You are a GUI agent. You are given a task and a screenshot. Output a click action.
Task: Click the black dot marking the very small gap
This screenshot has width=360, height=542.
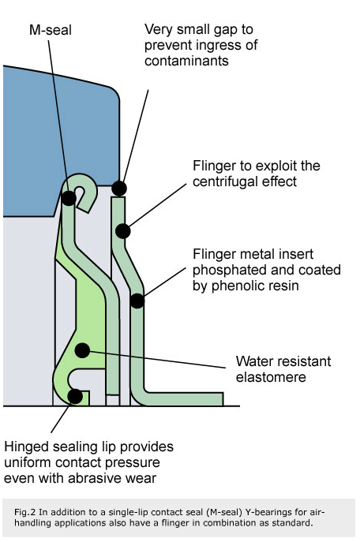(119, 188)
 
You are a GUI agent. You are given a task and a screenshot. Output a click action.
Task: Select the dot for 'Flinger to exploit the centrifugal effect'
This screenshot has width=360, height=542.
(123, 231)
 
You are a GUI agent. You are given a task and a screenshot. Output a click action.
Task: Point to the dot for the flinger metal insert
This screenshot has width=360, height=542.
(137, 301)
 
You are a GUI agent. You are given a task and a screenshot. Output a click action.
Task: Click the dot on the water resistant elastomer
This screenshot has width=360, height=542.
(81, 349)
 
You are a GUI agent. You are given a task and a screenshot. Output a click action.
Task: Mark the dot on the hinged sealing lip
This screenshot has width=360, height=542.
(74, 396)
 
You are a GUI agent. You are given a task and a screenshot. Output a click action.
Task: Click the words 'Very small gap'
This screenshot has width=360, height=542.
(188, 31)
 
